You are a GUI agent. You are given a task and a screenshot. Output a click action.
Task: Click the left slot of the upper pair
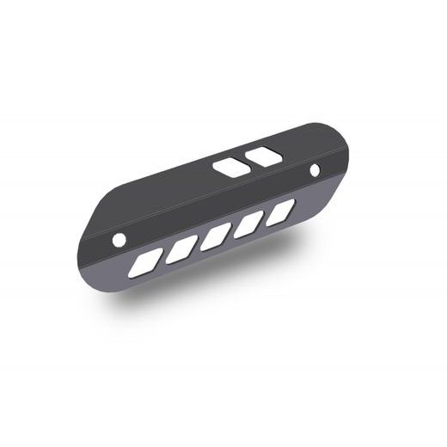230,167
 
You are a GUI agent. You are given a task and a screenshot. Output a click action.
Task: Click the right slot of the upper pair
263,155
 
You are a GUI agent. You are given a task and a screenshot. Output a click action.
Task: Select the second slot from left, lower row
181,250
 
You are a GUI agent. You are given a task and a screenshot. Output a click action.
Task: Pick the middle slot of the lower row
215,236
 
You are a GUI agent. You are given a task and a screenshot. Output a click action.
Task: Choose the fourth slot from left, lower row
248,223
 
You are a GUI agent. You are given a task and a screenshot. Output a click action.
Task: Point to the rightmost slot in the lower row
280,211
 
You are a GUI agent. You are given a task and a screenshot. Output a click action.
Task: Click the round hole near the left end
120,236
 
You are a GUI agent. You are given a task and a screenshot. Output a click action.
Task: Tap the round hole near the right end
315,169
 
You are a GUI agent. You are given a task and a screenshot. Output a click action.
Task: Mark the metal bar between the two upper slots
246,161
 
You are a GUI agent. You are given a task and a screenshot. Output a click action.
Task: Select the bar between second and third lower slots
198,243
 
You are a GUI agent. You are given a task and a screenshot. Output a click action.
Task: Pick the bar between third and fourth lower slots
232,230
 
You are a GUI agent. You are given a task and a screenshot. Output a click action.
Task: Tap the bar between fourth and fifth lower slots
265,217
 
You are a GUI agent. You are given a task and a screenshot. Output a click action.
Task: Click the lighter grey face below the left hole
116,262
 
